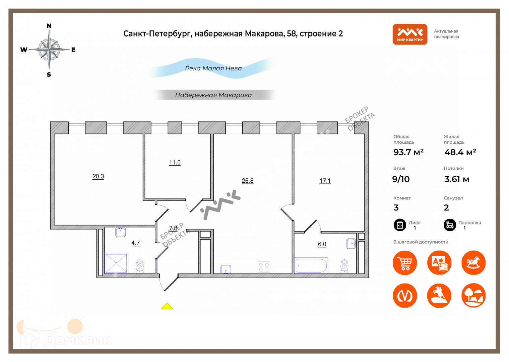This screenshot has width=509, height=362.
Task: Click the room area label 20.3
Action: [x=98, y=176]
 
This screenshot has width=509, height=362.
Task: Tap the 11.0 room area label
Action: [x=175, y=163]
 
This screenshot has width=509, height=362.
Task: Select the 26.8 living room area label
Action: [x=248, y=181]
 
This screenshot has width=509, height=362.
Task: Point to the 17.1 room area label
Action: [x=325, y=181]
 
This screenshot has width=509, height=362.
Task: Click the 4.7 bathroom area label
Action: [x=135, y=243]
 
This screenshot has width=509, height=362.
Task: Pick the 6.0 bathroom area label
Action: [x=322, y=244]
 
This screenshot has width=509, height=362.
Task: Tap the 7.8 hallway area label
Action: [x=173, y=228]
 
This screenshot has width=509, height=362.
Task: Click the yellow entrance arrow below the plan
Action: [x=167, y=306]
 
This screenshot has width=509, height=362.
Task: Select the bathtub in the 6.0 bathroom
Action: [x=311, y=265]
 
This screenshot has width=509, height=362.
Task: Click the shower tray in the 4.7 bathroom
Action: [x=116, y=263]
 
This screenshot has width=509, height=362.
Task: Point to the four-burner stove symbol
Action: [x=264, y=267]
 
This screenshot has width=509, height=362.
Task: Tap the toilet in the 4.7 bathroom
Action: [x=140, y=266]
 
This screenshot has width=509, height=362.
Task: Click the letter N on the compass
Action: [x=49, y=26]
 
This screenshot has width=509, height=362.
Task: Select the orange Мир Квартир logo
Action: [x=410, y=34]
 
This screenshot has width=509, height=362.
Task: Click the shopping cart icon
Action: [x=405, y=263]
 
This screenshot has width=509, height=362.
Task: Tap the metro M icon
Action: [x=405, y=296]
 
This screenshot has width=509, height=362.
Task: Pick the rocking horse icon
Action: [x=473, y=263]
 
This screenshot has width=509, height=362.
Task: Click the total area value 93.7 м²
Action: [x=408, y=152]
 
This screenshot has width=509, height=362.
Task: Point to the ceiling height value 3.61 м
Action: [x=456, y=179]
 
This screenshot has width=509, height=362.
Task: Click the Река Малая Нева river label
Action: [x=213, y=68]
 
